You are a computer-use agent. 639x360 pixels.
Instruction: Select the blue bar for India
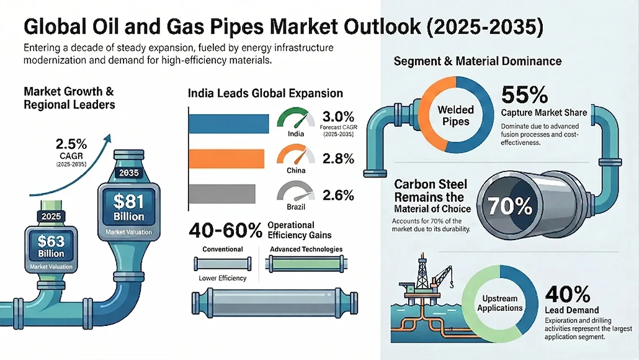tap(228, 122)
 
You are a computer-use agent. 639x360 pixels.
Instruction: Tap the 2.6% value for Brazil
tap(338, 195)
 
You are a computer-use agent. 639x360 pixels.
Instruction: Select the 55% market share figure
tap(524, 95)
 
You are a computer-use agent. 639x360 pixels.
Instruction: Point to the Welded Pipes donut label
tap(455, 115)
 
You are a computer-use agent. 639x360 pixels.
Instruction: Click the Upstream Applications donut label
tap(498, 304)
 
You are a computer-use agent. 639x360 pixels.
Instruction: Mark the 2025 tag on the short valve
tap(51, 217)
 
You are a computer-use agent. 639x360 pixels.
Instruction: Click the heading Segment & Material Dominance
tap(478, 61)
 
